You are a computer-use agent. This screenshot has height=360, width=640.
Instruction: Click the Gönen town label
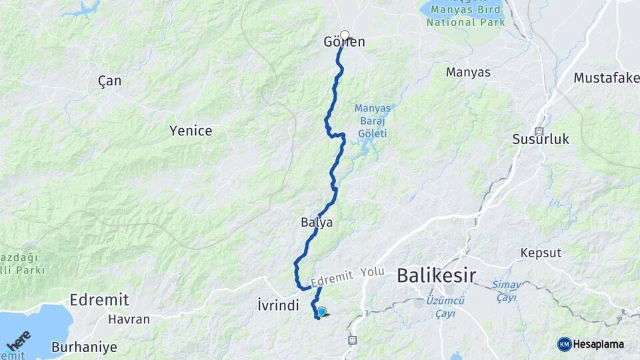coord(344,42)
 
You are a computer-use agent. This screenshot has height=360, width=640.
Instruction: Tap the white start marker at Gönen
coord(345,35)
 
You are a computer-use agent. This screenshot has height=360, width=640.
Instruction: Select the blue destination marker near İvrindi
coord(322,311)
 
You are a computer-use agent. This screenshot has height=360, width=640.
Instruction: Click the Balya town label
coord(317,222)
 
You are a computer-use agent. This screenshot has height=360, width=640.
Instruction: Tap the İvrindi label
coord(277,305)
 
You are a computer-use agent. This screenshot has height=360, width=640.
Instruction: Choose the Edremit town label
coord(99,299)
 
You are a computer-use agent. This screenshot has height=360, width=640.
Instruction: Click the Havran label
coord(129,319)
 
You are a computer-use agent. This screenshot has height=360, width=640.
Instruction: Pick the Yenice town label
coord(191,131)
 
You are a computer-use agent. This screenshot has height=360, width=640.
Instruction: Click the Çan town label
coord(110,81)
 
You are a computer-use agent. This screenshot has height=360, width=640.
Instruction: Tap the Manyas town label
coord(468,72)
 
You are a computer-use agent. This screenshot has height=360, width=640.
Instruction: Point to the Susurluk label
coord(541,139)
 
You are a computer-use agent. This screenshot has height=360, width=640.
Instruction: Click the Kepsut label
coord(541,253)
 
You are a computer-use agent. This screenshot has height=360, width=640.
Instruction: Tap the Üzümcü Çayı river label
coord(445,306)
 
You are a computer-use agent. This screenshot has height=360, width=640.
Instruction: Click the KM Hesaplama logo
coord(591,344)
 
